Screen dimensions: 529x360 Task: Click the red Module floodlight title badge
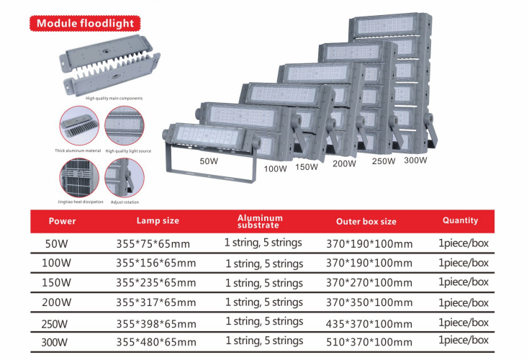(x=85, y=23)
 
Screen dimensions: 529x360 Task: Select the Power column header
(x=62, y=221)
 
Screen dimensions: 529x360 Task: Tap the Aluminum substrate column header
(x=260, y=221)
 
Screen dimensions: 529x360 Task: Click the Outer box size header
(x=366, y=221)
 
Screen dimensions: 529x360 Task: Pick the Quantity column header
(x=460, y=220)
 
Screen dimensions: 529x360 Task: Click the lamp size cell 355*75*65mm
(x=153, y=243)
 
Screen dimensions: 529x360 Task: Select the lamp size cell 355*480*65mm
(x=156, y=342)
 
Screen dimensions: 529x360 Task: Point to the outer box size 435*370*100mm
(x=369, y=324)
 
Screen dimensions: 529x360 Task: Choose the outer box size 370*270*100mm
(x=369, y=282)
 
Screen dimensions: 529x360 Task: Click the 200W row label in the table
(x=56, y=302)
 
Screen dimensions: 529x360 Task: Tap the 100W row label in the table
(x=56, y=263)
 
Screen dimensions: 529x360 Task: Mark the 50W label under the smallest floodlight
(x=209, y=161)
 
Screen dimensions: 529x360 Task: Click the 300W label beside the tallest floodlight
(x=415, y=160)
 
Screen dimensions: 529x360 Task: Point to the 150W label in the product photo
(x=307, y=166)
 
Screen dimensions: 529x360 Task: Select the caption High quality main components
(x=114, y=98)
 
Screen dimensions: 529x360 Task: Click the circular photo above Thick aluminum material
(x=79, y=125)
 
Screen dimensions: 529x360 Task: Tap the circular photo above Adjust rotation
(x=125, y=178)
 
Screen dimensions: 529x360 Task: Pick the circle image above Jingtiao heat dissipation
(x=79, y=178)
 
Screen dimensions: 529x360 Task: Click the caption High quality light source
(x=128, y=150)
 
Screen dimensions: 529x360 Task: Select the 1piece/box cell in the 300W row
(x=464, y=340)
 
